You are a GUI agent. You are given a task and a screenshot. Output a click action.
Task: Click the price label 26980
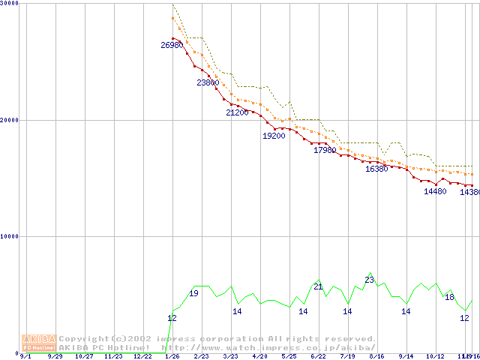[172, 45]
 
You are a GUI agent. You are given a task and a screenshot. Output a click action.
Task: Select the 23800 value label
[208, 82]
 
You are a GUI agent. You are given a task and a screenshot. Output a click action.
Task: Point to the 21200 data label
[237, 112]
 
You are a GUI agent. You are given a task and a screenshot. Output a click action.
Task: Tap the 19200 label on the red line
[274, 136]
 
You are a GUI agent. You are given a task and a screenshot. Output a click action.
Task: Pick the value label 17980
[325, 150]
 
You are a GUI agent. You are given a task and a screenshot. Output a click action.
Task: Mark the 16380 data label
[376, 169]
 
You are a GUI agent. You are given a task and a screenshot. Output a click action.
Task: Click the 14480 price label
[435, 191]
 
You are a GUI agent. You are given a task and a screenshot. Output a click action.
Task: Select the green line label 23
[369, 280]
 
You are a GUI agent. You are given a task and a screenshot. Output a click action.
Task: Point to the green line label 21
[318, 286]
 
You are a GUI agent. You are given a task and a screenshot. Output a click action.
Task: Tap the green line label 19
[193, 293]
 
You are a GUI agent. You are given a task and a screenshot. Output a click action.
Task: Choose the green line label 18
[449, 297]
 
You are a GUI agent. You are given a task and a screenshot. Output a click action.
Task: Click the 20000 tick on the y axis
[9, 119]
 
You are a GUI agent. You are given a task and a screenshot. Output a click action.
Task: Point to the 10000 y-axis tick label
[9, 236]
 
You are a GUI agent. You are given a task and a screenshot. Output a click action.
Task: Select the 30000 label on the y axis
[9, 4]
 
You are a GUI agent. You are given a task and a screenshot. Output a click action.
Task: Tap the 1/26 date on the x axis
[172, 356]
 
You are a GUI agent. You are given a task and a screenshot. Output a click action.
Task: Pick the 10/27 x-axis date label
[85, 356]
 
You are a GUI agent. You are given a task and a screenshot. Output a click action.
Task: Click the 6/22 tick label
[318, 356]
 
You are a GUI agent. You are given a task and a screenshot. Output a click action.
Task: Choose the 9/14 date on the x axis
[406, 356]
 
